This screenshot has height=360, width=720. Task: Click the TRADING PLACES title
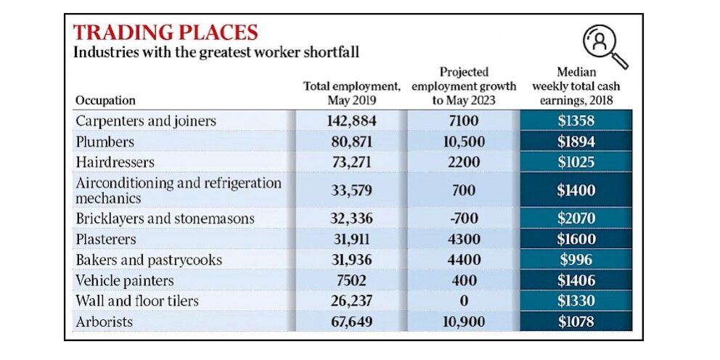(165, 32)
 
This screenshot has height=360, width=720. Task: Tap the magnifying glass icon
(605, 45)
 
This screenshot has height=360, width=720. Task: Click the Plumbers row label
(105, 142)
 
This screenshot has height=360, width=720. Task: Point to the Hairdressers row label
(115, 162)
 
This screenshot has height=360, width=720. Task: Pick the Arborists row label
(105, 321)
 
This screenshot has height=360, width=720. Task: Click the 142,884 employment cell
(351, 120)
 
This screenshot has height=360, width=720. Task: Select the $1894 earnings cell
(576, 142)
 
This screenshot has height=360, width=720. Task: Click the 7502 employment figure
(351, 280)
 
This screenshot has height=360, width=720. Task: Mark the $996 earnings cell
(576, 260)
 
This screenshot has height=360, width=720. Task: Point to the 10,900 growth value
(463, 321)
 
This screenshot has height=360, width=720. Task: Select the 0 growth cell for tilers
(463, 300)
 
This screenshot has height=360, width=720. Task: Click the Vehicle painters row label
(126, 280)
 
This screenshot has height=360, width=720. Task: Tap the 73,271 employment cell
(351, 162)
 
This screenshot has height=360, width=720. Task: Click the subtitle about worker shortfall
(217, 52)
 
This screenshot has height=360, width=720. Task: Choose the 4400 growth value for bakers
(463, 260)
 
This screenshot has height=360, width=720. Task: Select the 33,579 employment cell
(351, 191)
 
